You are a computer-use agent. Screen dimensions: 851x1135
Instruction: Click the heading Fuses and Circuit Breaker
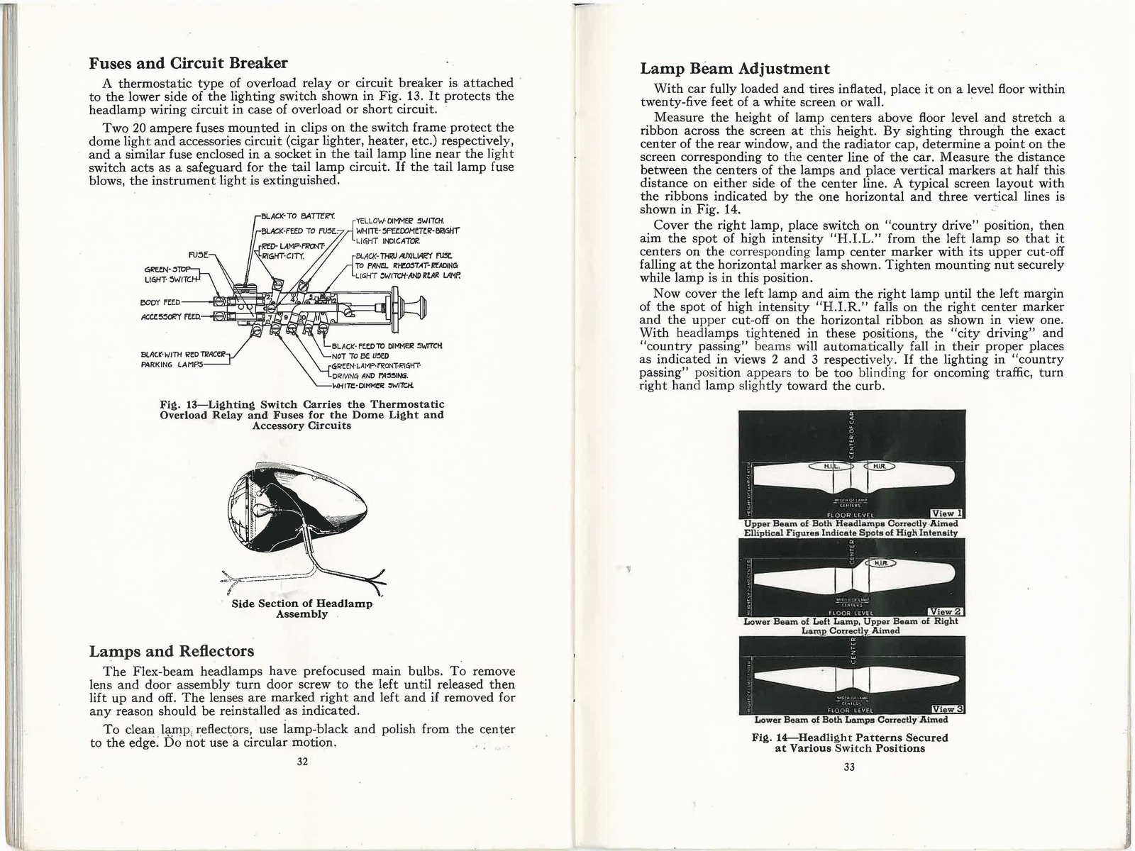click(188, 62)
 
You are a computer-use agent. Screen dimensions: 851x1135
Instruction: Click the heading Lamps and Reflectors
click(171, 650)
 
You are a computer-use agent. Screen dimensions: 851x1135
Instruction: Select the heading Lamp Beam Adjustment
click(734, 69)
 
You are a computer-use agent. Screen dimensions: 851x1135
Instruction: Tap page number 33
click(851, 767)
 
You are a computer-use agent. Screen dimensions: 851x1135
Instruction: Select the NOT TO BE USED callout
click(360, 355)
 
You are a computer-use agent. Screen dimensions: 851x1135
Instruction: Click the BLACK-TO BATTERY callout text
click(301, 216)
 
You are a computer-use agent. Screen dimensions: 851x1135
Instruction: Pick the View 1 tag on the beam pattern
click(946, 514)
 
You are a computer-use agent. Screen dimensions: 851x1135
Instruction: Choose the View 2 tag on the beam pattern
click(946, 611)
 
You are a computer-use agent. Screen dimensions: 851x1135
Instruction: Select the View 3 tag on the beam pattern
click(946, 708)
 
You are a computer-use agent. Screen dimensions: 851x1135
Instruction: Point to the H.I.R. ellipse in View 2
click(880, 562)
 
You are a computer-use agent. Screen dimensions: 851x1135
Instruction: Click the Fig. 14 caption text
click(849, 742)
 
